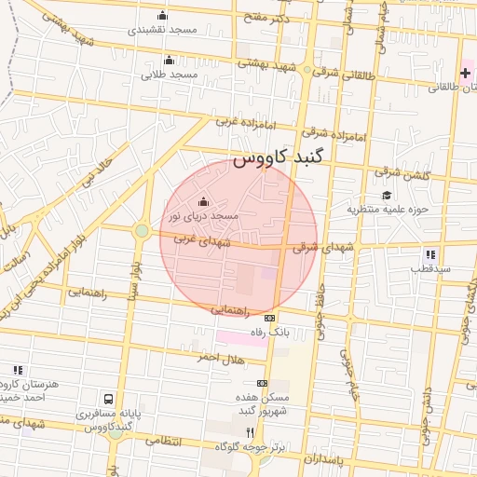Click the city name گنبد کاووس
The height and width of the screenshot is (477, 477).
pos(277,159)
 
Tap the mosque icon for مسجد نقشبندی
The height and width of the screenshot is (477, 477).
pos(164,15)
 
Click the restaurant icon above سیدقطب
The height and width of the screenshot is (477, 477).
pos(429,254)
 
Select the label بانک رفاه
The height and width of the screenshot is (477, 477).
pos(271,332)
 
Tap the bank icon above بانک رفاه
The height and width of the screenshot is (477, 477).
pos(270,318)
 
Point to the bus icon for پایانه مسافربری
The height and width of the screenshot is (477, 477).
pos(111,400)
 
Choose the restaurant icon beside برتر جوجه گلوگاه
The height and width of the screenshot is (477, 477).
pos(250,432)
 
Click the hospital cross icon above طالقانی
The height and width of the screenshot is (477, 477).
pos(465,73)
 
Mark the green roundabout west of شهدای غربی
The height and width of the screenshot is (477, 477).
pos(142,230)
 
